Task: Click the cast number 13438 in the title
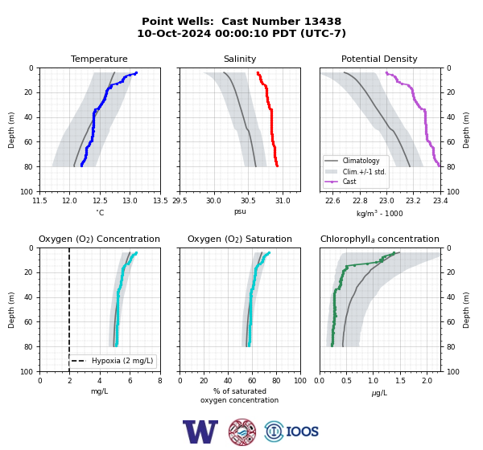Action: pyautogui.click(x=323, y=22)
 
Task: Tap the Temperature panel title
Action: pyautogui.click(x=99, y=59)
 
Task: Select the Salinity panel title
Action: pyautogui.click(x=240, y=59)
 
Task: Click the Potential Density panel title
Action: pyautogui.click(x=379, y=59)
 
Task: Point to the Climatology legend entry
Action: pyautogui.click(x=361, y=161)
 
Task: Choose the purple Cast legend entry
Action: pyautogui.click(x=349, y=182)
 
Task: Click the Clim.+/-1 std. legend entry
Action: pyautogui.click(x=364, y=172)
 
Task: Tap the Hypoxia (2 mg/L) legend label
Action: pyautogui.click(x=122, y=361)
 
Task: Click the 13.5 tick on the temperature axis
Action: pyautogui.click(x=160, y=201)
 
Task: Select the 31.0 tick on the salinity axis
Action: pyautogui.click(x=283, y=201)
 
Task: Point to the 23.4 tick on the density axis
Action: pyautogui.click(x=440, y=201)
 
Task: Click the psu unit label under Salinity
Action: pyautogui.click(x=240, y=211)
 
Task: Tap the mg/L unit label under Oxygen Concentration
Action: pyautogui.click(x=99, y=391)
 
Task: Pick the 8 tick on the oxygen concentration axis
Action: pyautogui.click(x=160, y=381)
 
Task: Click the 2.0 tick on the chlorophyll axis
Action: pyautogui.click(x=427, y=381)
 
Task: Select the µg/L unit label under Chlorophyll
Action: pyautogui.click(x=379, y=393)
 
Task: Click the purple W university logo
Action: pyautogui.click(x=200, y=432)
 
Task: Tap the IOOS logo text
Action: pyautogui.click(x=302, y=432)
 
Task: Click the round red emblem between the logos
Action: pyautogui.click(x=242, y=432)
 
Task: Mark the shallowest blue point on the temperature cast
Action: pyautogui.click(x=136, y=73)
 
